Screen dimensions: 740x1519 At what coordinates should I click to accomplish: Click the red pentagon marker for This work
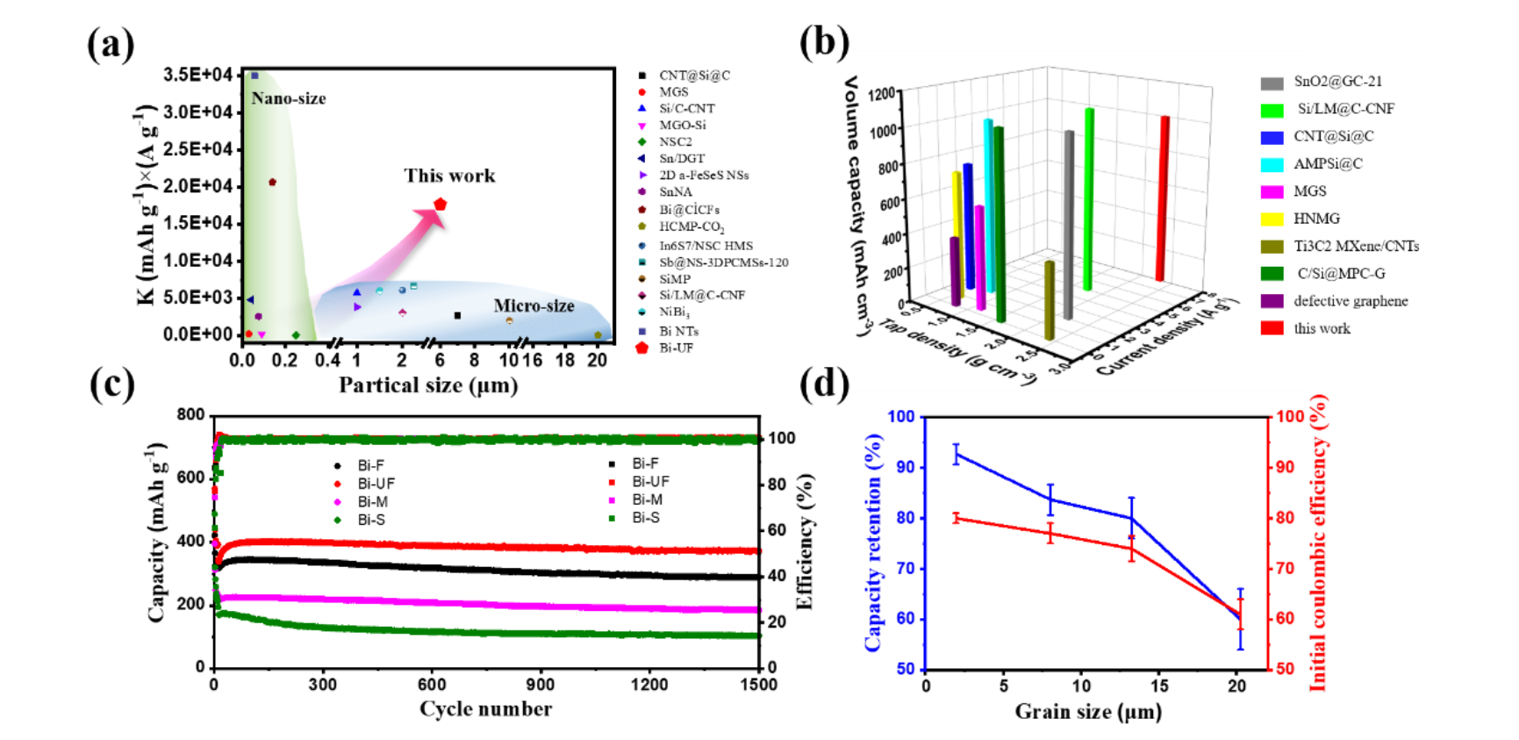(441, 205)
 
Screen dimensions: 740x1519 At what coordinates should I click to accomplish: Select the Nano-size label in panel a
(288, 98)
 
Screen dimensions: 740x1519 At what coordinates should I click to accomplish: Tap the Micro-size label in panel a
(534, 305)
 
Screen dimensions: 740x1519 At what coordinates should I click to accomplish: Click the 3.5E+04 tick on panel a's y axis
(198, 75)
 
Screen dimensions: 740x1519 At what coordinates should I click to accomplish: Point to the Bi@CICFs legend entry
(689, 210)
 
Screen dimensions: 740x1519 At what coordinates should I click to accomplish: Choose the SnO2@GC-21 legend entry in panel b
(1336, 82)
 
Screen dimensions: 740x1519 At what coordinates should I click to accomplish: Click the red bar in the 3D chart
(1163, 198)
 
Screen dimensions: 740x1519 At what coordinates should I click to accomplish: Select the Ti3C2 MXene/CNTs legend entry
(1355, 247)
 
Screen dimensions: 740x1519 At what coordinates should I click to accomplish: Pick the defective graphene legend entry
(1350, 301)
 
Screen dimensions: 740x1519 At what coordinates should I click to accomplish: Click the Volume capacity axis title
(854, 206)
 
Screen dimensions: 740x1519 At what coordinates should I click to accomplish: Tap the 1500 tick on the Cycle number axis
(759, 685)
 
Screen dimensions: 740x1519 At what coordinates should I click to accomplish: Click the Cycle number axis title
(485, 709)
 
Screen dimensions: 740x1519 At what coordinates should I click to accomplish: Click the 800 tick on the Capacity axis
(190, 414)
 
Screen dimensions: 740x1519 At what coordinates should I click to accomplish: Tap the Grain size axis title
(1088, 711)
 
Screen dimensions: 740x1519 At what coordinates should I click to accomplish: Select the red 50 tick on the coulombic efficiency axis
(1285, 669)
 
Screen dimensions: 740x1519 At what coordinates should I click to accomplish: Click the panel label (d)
(824, 384)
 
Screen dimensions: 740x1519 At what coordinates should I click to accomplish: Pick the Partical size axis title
(428, 385)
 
